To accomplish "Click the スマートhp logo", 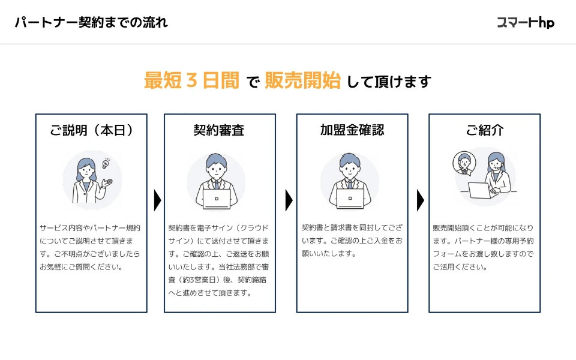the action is pyautogui.click(x=526, y=23).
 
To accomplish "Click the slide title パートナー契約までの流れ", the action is pyautogui.click(x=91, y=22).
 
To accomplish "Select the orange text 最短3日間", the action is pyautogui.click(x=191, y=80).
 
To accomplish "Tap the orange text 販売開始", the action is pyautogui.click(x=302, y=80).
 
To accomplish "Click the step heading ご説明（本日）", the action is pyautogui.click(x=91, y=130).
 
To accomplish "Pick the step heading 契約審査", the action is pyautogui.click(x=219, y=130).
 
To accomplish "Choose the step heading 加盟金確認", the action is pyautogui.click(x=352, y=130).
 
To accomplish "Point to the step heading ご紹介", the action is pyautogui.click(x=485, y=130).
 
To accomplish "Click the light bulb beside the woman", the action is pyautogui.click(x=106, y=163).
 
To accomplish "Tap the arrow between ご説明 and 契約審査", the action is pyautogui.click(x=158, y=200).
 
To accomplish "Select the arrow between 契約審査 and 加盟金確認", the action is pyautogui.click(x=289, y=200).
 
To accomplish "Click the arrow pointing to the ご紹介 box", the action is pyautogui.click(x=421, y=200).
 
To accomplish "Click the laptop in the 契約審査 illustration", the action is pyautogui.click(x=217, y=199).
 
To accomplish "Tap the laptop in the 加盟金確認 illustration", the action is pyautogui.click(x=350, y=199).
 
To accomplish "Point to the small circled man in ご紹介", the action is pyautogui.click(x=464, y=163).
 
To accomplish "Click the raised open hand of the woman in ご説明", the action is pyautogui.click(x=107, y=182).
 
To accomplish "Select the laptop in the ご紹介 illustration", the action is pyautogui.click(x=479, y=190).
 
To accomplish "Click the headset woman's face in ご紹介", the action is pyautogui.click(x=496, y=164).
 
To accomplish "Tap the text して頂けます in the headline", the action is pyautogui.click(x=389, y=82).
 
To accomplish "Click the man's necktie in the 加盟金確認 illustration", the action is pyautogui.click(x=350, y=184).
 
